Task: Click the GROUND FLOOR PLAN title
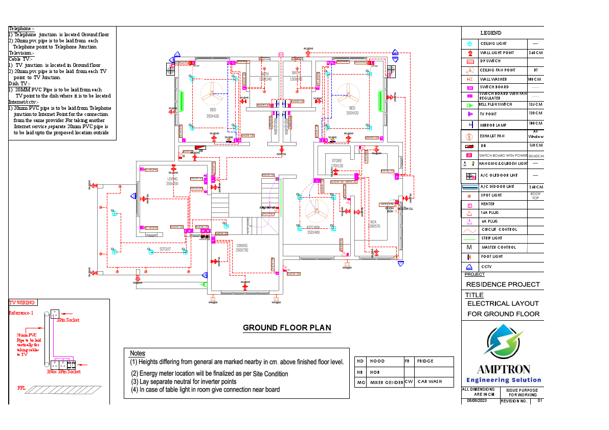pos(287,328)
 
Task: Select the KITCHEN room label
pos(313,228)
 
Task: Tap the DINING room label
pos(242,246)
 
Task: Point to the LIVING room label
pos(172,179)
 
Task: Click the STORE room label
pos(336,161)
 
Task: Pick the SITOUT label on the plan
pos(165,249)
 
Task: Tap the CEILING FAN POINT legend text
pos(498,70)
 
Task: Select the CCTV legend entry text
pos(486,267)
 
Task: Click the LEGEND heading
pos(491,33)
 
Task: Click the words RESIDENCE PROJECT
pos(503,284)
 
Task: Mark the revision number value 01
pos(539,401)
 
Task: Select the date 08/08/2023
pos(477,401)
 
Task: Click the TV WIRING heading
pos(22,303)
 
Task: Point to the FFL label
pos(21,388)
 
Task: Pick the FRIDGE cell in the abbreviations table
pos(425,361)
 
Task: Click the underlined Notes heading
pos(138,353)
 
